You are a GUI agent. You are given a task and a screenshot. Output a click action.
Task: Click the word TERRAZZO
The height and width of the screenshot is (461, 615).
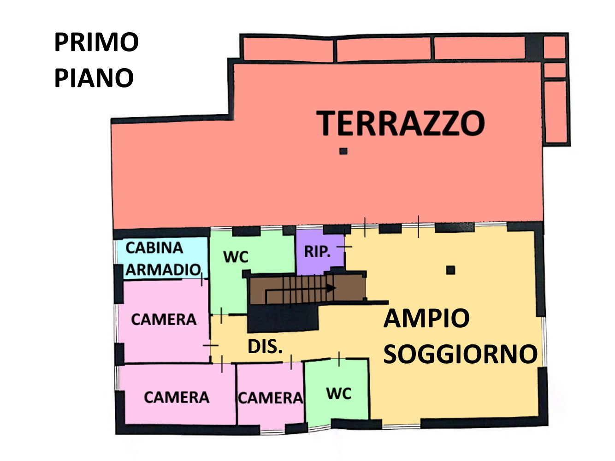pos(401,123)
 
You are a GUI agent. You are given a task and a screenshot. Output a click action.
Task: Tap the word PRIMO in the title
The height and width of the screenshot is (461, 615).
pos(96,42)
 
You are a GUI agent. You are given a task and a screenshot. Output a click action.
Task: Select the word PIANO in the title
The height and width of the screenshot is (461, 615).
pos(94,77)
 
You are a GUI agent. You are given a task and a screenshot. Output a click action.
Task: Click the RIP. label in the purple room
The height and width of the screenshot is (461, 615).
pos(317,252)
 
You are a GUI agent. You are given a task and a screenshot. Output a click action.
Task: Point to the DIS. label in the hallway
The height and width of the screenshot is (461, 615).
pos(265,347)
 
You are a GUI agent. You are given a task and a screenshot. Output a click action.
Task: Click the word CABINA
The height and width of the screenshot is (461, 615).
pos(154,248)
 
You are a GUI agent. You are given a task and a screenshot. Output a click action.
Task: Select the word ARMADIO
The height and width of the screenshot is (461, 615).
pos(163,270)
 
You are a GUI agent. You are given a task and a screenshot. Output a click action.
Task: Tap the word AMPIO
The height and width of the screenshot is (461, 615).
pos(426,318)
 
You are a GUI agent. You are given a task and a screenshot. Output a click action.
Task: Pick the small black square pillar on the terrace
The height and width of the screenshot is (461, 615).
pos(343,151)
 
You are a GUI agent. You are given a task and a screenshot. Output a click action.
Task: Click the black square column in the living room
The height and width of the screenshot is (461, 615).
pos(450,270)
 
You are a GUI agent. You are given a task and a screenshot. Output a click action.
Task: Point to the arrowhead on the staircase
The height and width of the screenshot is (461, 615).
pos(331,288)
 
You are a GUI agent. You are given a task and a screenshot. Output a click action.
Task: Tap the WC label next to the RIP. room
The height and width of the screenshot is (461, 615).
pos(236,257)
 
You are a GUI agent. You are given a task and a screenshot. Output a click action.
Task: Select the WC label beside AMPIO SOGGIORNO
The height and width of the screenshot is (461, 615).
pos(339,394)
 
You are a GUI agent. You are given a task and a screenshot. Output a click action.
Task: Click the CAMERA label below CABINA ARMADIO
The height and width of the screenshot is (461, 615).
pos(164,319)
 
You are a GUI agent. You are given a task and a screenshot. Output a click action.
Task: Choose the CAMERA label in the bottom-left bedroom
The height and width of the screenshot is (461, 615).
pos(177,397)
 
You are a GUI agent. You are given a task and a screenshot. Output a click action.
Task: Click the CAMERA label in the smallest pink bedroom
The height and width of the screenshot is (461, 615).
pos(270,398)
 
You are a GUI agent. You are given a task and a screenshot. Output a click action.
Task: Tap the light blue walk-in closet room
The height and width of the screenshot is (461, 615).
pos(162,258)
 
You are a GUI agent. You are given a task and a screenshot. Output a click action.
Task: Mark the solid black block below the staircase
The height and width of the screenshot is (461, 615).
pos(283,318)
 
